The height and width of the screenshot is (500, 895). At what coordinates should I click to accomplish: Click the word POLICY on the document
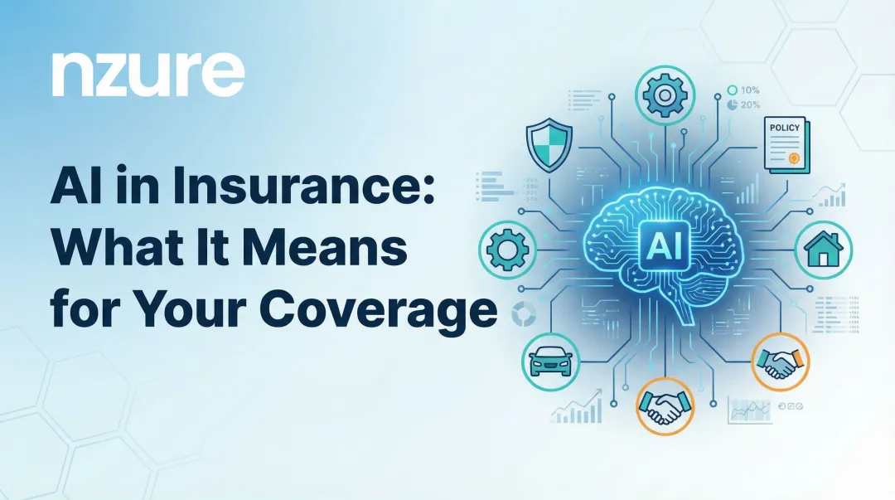pos(785,129)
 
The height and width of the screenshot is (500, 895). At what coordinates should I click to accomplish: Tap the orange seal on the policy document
pos(794,156)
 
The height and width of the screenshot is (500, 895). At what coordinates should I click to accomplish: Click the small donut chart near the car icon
pos(523,313)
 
